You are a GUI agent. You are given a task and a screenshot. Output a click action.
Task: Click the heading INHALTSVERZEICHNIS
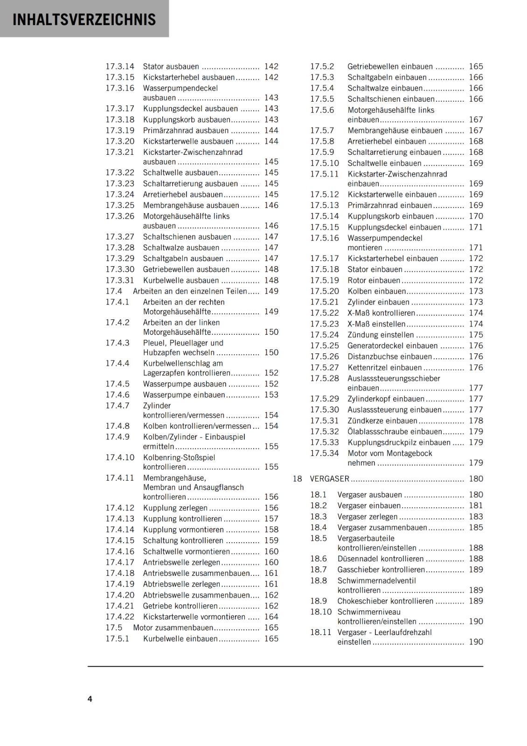[x=84, y=20]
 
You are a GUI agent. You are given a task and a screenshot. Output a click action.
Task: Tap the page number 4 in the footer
[x=90, y=699]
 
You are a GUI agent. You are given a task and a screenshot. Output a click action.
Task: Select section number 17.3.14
[x=120, y=67]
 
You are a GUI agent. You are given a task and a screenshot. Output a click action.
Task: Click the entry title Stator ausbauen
[x=171, y=67]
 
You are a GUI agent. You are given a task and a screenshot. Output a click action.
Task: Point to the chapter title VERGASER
[x=329, y=479]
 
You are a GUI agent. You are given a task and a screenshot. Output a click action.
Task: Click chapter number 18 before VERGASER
[x=297, y=479]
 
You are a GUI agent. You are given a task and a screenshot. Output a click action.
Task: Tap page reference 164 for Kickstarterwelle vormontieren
[x=271, y=617]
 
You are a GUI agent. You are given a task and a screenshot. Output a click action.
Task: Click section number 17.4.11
[x=120, y=478]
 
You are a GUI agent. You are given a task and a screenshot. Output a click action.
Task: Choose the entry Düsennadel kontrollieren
[x=381, y=559]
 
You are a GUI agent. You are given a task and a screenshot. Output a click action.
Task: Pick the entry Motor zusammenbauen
[x=173, y=628]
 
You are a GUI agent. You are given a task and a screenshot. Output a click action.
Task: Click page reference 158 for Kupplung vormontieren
[x=271, y=530]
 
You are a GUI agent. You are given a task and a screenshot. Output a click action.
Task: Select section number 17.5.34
[x=325, y=454]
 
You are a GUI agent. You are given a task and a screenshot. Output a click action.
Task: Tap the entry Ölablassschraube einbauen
[x=395, y=432]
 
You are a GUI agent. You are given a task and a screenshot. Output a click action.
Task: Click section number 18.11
[x=321, y=633]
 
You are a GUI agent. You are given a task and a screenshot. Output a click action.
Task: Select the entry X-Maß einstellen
[x=376, y=324]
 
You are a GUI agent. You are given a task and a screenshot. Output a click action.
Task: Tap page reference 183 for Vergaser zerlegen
[x=476, y=517]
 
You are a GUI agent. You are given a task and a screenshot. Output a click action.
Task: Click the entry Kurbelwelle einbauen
[x=180, y=639]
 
